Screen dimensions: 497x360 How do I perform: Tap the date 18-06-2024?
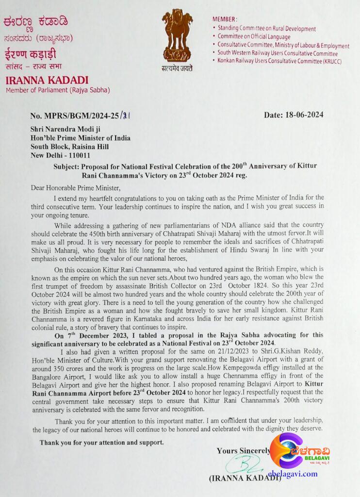click(294, 115)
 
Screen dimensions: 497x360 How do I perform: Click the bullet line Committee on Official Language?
click(254, 36)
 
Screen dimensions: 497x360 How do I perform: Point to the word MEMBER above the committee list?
click(225, 19)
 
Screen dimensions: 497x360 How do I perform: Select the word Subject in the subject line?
click(66, 166)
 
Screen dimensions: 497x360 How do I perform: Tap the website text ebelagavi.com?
click(292, 474)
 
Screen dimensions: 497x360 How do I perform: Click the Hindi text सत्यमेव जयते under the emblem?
click(177, 68)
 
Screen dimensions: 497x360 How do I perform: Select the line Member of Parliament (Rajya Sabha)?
click(58, 90)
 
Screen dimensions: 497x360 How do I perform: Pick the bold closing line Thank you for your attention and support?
click(101, 442)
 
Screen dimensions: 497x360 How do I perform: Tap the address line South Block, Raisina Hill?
click(69, 147)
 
